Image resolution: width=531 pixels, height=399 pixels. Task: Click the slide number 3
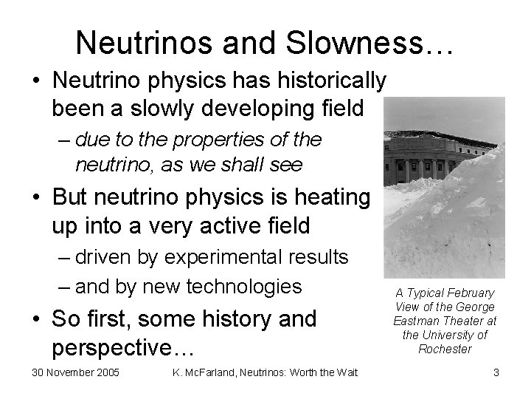coord(496,372)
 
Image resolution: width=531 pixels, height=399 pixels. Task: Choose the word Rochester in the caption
coord(445,349)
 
